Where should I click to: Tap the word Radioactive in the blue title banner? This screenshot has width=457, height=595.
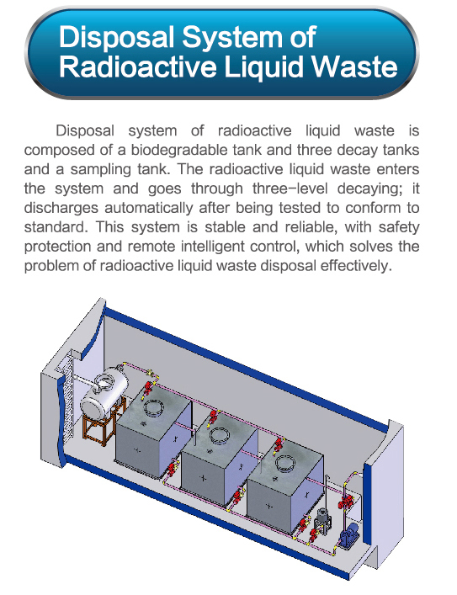point(139,67)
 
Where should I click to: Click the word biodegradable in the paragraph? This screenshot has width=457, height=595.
point(196,150)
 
